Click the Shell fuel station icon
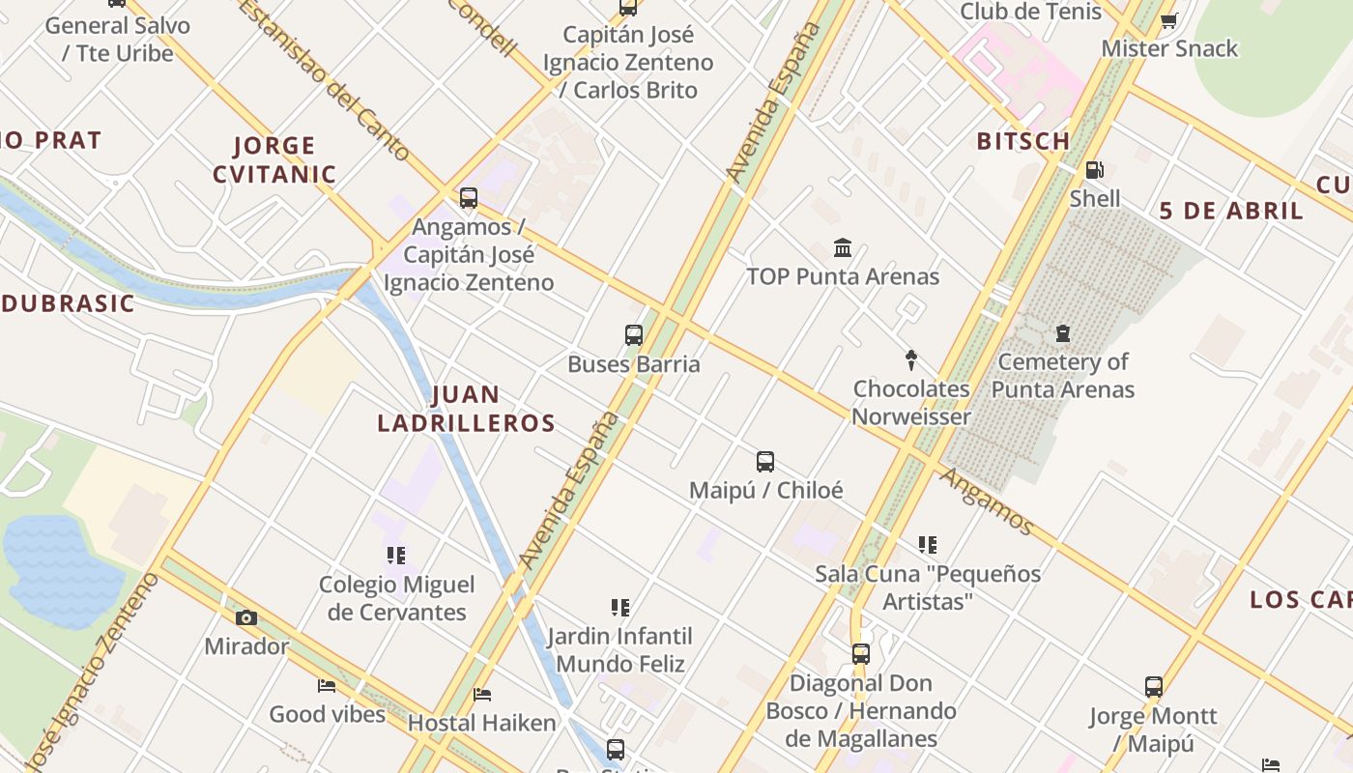click(x=1094, y=171)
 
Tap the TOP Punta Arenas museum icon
click(x=843, y=248)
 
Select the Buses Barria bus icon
click(x=634, y=335)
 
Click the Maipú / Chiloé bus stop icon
click(x=765, y=462)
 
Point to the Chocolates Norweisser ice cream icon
click(x=910, y=360)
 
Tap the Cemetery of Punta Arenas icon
click(x=1063, y=334)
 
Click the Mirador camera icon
click(x=246, y=618)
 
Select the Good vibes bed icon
click(x=327, y=686)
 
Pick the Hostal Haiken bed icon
click(x=482, y=694)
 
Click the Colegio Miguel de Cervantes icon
click(x=396, y=556)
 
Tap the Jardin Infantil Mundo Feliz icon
click(x=620, y=608)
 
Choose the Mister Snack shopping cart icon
click(x=1168, y=20)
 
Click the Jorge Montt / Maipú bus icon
click(x=1154, y=687)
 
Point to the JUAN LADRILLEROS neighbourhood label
click(x=467, y=409)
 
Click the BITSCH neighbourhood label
click(x=1023, y=141)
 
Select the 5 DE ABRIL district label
click(x=1231, y=211)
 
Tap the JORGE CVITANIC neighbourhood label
click(x=274, y=160)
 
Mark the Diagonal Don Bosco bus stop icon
click(x=861, y=654)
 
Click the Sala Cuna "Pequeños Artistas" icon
click(x=928, y=545)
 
